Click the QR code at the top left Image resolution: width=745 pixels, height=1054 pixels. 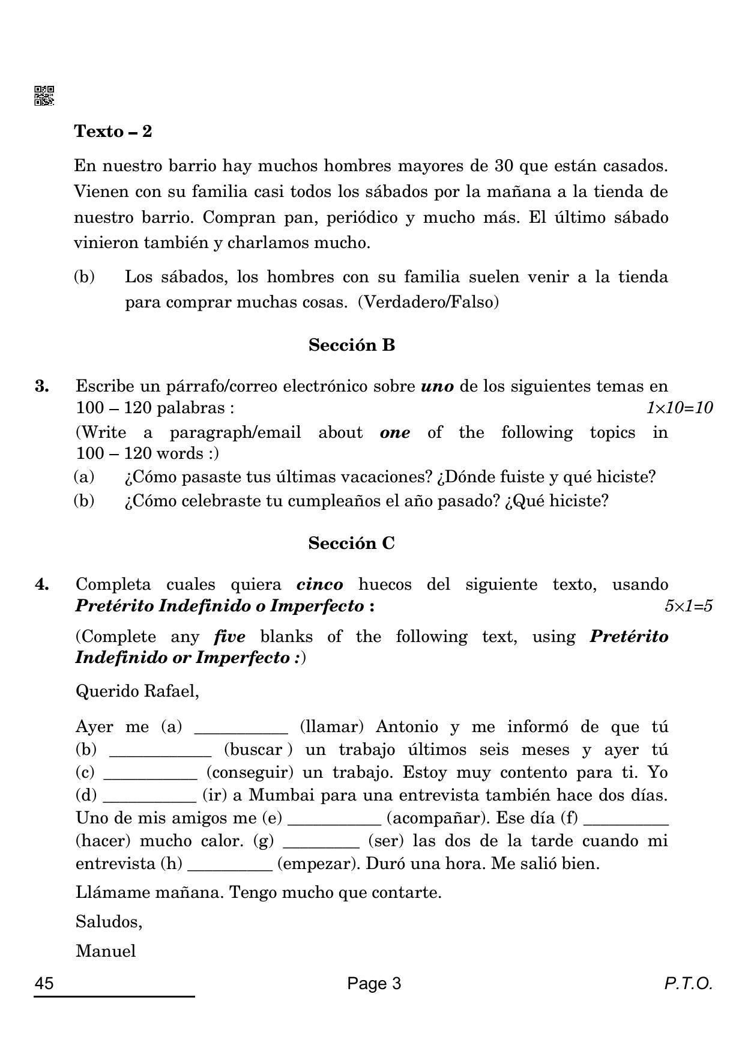point(44,95)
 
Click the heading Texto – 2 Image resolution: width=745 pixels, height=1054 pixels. point(113,131)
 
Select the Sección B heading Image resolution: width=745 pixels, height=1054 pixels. point(351,345)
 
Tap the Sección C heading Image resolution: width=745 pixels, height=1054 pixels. point(351,543)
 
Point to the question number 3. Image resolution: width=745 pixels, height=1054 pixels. point(41,386)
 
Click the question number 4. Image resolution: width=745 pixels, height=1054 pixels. point(41,584)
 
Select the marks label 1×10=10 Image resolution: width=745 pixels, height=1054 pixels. point(679,408)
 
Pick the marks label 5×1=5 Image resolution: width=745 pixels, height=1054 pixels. point(688,606)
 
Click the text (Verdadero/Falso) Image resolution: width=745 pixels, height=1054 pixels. point(428,302)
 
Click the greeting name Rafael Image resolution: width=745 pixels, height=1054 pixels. point(171,691)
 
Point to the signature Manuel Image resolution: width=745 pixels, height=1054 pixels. point(106,951)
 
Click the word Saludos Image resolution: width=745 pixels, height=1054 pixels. point(109,921)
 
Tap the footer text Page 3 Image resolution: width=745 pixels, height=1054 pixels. point(373,984)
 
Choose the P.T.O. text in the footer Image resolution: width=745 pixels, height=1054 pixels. point(688,984)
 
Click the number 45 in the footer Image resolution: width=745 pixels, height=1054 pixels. point(44,984)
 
